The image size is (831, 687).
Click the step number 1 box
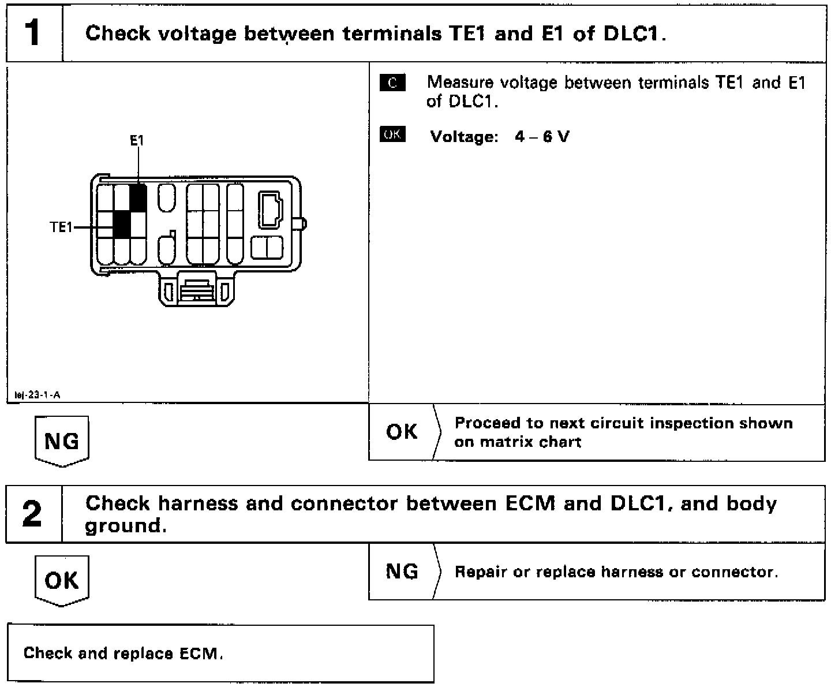tap(34, 33)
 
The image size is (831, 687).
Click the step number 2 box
tap(34, 514)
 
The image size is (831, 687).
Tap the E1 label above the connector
tap(137, 140)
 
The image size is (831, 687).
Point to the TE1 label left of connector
tap(61, 227)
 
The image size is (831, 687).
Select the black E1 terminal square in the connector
tap(137, 197)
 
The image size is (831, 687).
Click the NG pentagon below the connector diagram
tap(62, 441)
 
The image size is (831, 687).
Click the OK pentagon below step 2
tap(62, 580)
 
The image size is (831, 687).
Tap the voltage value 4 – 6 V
tap(542, 137)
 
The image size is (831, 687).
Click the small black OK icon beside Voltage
tap(392, 135)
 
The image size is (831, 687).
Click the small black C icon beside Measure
tap(392, 83)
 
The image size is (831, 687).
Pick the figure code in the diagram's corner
tap(37, 395)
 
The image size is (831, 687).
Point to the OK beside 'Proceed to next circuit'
tap(402, 431)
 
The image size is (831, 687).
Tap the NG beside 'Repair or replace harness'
tap(402, 572)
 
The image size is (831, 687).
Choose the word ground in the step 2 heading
tap(122, 526)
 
